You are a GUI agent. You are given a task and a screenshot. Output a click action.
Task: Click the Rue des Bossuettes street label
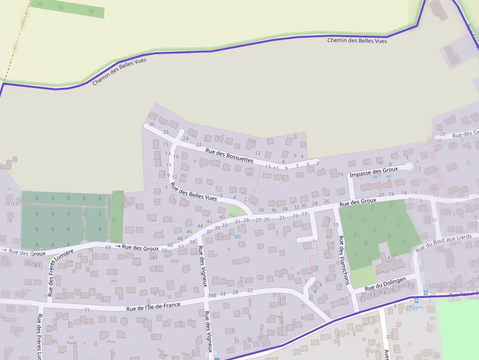point(230,156)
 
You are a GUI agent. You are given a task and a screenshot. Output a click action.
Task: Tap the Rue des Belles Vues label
point(194,191)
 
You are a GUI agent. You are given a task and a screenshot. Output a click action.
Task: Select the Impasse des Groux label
point(374,171)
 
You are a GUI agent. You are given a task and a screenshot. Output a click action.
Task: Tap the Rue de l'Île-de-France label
point(153,306)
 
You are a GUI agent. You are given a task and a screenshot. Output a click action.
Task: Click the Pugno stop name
point(416,307)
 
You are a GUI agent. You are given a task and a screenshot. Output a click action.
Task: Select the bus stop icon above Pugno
point(416,300)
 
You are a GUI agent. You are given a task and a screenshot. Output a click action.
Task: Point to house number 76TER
point(11,204)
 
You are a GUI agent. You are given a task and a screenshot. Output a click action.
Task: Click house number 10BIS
point(462,195)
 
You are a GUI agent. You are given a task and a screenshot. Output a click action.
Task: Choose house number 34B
point(212,296)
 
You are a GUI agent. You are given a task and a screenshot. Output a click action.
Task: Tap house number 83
point(37,264)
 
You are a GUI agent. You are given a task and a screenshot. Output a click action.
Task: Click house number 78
point(9,221)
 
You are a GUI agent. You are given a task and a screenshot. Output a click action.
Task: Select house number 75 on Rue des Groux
point(90,250)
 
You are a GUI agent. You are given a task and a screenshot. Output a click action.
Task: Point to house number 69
point(108,248)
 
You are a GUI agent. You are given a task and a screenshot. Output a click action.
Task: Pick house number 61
point(155,257)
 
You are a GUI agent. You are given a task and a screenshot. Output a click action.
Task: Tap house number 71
point(87,310)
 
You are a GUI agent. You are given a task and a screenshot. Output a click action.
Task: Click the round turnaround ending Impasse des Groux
point(410,167)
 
